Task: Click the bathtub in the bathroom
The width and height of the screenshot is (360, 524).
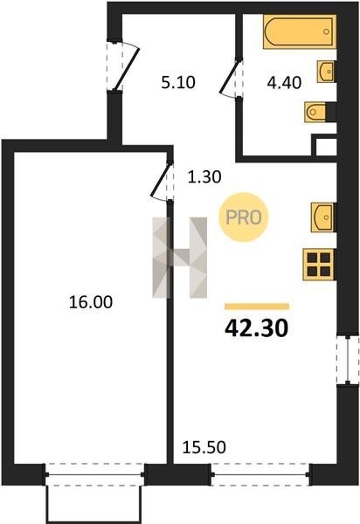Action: coord(300,31)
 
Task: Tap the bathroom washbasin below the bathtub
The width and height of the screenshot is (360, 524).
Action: coord(326,72)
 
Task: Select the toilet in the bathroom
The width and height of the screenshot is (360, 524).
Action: coord(317,112)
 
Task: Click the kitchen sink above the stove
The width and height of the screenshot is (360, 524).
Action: coord(322,217)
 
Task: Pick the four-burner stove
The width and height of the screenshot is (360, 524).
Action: coord(319,265)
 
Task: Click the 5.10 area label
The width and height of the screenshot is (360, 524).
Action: coord(178,83)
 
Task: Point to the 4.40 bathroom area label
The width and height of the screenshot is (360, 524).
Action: coord(284,83)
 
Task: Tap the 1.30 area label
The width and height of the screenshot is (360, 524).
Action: coord(204,176)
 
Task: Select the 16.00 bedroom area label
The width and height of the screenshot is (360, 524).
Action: coord(91,302)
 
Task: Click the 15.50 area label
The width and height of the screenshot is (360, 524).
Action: coord(204,447)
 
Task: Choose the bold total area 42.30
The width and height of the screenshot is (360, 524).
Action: coord(256,328)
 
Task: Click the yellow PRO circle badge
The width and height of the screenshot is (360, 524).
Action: coord(243,217)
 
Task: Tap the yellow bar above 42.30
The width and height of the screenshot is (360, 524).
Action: coord(257,307)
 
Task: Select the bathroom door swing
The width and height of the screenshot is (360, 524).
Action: coord(231,78)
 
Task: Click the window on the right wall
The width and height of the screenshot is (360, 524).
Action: coord(348,360)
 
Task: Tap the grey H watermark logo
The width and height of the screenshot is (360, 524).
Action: coord(180,258)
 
